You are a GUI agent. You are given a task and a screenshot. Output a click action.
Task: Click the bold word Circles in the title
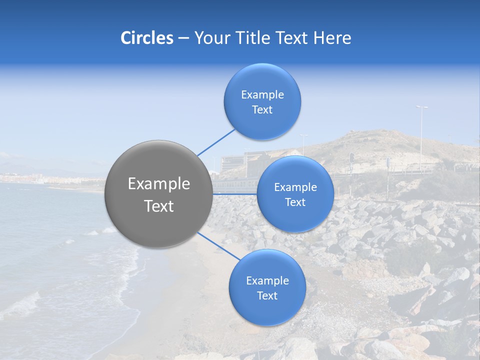147,38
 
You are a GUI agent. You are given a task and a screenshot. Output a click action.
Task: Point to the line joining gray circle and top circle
216,141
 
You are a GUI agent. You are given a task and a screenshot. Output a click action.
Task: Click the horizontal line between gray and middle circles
234,194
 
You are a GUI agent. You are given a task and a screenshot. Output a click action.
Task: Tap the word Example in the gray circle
159,184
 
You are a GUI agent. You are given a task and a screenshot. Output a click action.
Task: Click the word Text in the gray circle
159,206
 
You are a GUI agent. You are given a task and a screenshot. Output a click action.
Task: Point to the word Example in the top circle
262,94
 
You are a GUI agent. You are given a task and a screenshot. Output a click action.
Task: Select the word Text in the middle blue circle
295,202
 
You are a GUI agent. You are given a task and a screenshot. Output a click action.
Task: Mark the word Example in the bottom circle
267,280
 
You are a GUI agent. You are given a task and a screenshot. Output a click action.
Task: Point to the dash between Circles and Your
183,38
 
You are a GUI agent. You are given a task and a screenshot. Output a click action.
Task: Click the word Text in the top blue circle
262,110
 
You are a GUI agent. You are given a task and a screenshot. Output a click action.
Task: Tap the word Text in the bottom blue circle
267,296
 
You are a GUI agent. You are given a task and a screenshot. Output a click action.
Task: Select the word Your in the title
211,38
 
